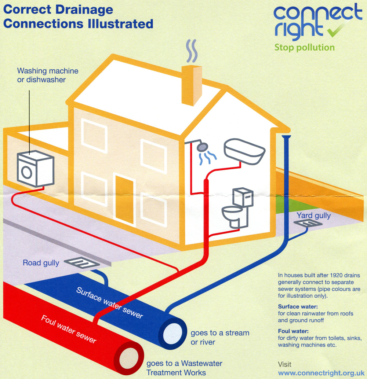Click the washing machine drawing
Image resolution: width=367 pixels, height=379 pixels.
35,169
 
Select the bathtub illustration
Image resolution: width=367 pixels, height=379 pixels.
244,150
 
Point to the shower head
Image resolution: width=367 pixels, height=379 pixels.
201,147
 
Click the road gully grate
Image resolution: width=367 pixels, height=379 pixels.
81,262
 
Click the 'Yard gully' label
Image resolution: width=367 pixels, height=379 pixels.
313,215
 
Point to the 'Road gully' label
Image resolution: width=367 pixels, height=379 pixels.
41,263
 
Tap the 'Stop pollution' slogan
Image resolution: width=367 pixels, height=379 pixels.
304,47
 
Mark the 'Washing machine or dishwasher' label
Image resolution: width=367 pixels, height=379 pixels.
48,75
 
